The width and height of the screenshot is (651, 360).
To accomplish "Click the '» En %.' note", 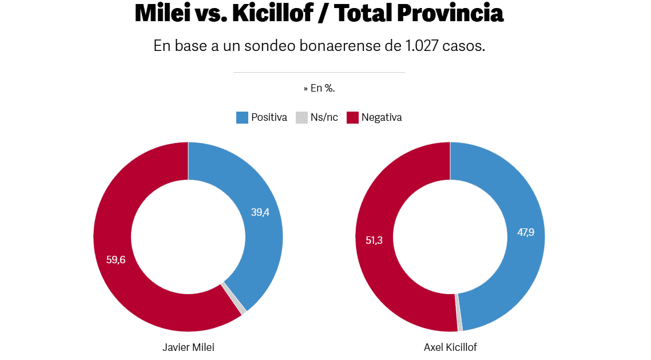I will coord(319,88).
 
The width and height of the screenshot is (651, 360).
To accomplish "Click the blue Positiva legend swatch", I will coord(242,118).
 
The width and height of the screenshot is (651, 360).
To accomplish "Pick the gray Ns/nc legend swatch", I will coord(301,118).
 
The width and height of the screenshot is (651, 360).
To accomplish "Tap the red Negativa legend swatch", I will coord(352,118).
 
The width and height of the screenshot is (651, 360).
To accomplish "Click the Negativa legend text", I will coord(382,118).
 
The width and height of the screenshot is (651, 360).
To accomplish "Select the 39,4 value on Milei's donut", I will coord(260,212).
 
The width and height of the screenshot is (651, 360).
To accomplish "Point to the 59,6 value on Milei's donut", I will coord(116,259).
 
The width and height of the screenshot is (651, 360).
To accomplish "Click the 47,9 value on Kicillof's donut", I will coord(526,232).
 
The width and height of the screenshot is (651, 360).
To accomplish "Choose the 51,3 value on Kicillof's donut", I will coord(374,240).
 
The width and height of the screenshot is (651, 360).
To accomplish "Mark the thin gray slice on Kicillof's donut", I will coord(459,312).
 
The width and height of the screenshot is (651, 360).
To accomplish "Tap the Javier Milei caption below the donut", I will coord(188,347).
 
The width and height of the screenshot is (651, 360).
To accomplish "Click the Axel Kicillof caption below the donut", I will coord(450,347).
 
